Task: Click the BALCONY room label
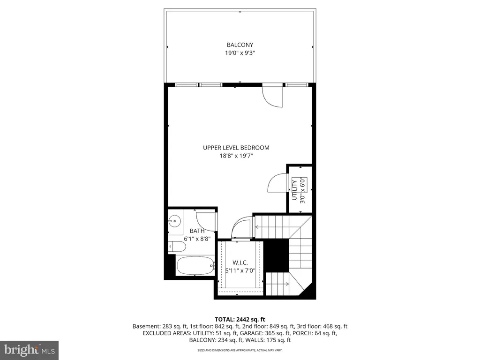[240, 45]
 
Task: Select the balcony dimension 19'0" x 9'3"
[240, 53]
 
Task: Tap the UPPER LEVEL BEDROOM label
[236, 148]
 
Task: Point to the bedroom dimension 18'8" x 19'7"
[236, 156]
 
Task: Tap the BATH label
[197, 231]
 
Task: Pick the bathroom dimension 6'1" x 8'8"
[197, 239]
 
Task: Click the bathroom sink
[174, 220]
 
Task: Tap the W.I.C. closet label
[240, 262]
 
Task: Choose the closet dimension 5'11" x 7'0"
[240, 270]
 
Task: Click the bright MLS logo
[29, 350]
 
